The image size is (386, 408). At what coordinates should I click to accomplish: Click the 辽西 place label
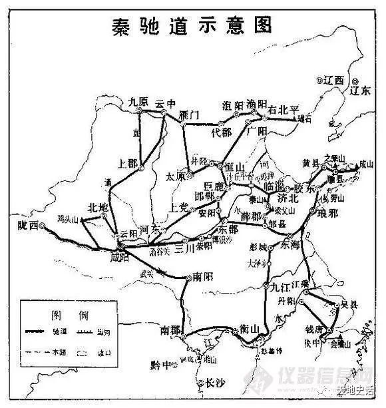point(333,80)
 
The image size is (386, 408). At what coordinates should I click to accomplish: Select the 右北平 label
point(284,109)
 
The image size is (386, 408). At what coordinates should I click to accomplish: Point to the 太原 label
point(175,176)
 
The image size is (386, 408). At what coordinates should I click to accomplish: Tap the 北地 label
point(98,208)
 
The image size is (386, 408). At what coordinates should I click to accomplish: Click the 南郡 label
point(171,329)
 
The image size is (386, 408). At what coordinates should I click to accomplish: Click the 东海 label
point(292,244)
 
